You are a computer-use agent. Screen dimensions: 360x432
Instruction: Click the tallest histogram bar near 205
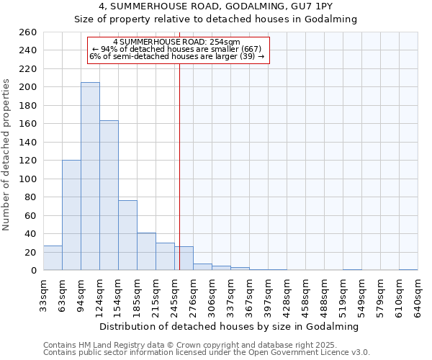[x=90, y=176]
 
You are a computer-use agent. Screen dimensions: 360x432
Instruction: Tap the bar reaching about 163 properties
[x=109, y=195]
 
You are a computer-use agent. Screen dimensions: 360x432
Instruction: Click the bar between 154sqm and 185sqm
[x=127, y=235]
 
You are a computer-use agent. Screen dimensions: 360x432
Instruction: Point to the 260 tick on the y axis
[x=30, y=32]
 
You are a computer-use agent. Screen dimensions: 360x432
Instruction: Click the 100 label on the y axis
[x=30, y=179]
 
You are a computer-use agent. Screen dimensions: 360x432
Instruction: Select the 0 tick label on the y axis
[x=34, y=271]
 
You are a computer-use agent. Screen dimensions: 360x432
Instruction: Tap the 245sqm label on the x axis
[x=175, y=294]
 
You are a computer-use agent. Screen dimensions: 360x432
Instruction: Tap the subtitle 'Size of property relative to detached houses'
[x=216, y=19]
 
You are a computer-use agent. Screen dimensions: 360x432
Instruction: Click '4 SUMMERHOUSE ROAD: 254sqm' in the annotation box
[x=176, y=42]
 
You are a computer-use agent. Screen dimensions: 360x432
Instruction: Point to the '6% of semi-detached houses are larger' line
[x=176, y=56]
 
